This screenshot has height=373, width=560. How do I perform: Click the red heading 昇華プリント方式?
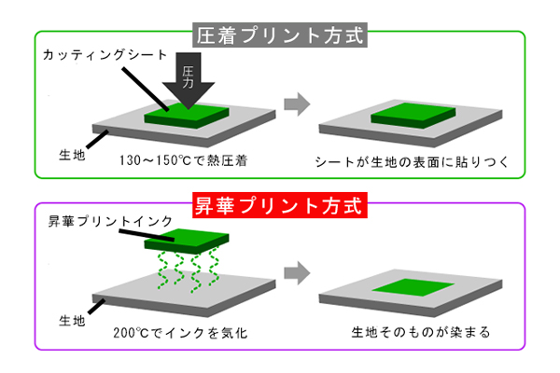click(x=282, y=204)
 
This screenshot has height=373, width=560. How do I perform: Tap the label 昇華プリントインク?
click(x=98, y=224)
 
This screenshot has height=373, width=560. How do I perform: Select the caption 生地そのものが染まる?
click(x=407, y=332)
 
